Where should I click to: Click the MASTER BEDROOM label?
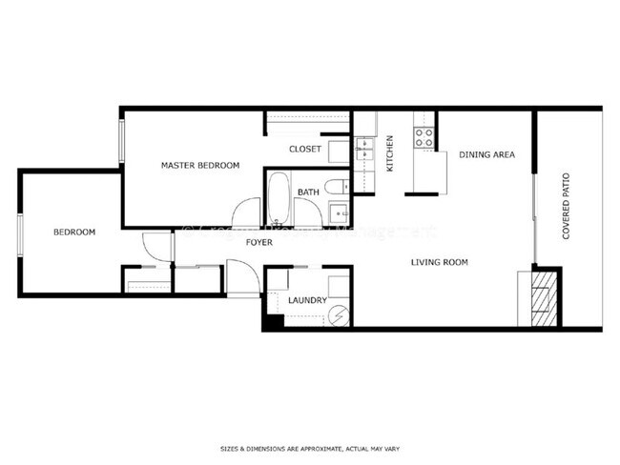pos(199,166)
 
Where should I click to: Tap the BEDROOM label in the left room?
pos(73,232)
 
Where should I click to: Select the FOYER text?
pos(258,243)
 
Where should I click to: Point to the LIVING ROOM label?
pos(439,262)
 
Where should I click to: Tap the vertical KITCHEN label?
pos(390,154)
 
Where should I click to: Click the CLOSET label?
pos(304,150)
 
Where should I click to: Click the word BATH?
pos(308,192)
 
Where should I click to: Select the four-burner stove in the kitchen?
pos(424,137)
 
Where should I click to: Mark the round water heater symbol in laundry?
pos(339,313)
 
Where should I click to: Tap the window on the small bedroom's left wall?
pos(19,234)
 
